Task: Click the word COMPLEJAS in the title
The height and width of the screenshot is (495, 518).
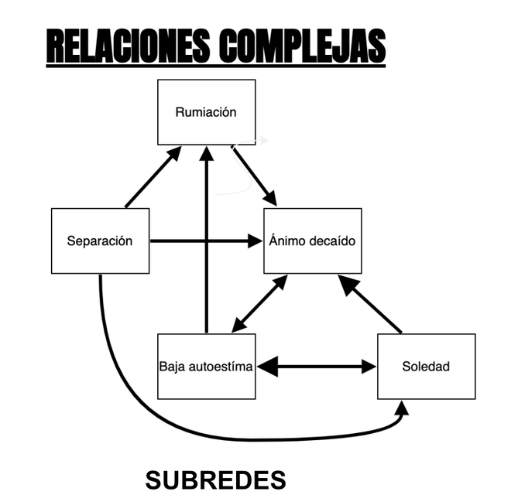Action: coord(301,47)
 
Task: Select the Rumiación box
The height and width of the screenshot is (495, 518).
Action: coord(206,112)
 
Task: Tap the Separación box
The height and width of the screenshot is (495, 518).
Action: coord(100,241)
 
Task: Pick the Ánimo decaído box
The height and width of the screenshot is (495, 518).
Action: coord(312,241)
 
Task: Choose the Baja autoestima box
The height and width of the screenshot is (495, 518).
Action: coord(206,366)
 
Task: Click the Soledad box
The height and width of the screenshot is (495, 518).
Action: coord(426,366)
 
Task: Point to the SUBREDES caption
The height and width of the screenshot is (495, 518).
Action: coord(215,480)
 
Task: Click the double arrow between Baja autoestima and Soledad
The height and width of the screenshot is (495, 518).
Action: coord(316,366)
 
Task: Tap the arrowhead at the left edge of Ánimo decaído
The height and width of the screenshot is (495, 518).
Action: coord(255,241)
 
